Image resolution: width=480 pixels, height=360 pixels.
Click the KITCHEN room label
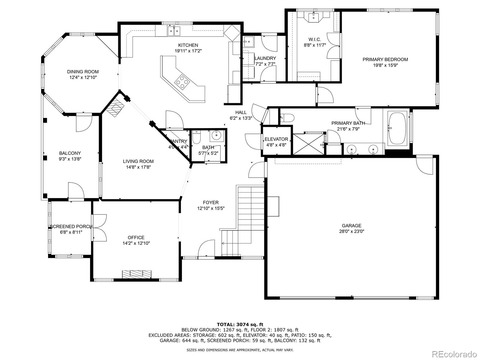[188, 45]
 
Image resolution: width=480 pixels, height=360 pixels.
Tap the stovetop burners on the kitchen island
[182, 82]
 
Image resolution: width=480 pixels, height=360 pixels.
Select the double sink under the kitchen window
[174, 31]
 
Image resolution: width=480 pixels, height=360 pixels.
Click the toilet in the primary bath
[287, 118]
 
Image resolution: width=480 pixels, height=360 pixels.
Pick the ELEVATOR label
[276, 139]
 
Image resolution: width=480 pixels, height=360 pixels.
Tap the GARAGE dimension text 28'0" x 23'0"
[352, 231]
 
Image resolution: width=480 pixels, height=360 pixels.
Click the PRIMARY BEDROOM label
[385, 59]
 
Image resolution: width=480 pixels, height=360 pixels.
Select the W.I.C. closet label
[315, 40]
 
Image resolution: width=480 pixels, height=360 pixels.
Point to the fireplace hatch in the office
[137, 274]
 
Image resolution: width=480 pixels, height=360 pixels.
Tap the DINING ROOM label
[83, 72]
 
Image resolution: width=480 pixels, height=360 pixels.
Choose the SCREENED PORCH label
[71, 226]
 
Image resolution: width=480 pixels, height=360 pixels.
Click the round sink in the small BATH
[217, 136]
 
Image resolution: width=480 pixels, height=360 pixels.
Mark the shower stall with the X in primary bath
[308, 144]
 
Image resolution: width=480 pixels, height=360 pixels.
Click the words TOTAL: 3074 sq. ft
[240, 324]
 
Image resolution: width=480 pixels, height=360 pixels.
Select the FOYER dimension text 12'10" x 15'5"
[211, 208]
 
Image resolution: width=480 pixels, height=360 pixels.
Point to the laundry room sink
[248, 42]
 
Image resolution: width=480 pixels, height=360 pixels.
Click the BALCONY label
[70, 153]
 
